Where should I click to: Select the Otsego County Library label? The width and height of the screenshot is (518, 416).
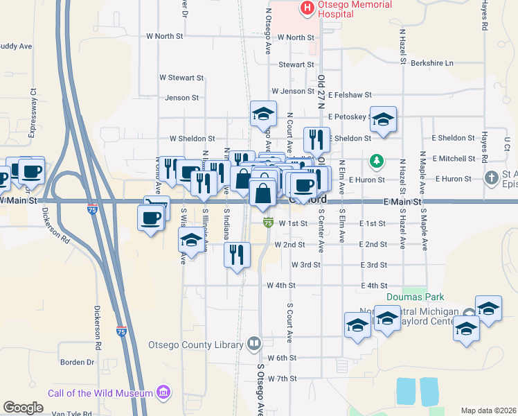click(196, 344)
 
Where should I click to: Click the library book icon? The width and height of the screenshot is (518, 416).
click(255, 344)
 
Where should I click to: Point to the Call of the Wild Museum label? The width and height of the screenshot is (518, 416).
click(100, 393)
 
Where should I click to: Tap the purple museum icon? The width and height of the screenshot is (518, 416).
click(164, 393)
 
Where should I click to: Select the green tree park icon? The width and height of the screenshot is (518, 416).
click(376, 162)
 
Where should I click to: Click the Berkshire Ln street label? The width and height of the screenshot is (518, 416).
click(431, 63)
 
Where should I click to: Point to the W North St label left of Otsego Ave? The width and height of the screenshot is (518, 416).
click(165, 35)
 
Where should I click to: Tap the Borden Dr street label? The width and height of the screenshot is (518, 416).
click(77, 362)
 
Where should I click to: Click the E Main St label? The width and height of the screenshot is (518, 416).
click(402, 202)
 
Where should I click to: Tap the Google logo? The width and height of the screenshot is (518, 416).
click(23, 408)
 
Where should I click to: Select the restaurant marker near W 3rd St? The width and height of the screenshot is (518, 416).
click(236, 254)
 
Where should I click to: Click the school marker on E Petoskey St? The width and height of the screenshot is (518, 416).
click(382, 120)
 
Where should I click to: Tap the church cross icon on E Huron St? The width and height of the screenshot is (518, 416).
click(492, 178)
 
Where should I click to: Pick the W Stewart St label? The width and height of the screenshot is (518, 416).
click(181, 78)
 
